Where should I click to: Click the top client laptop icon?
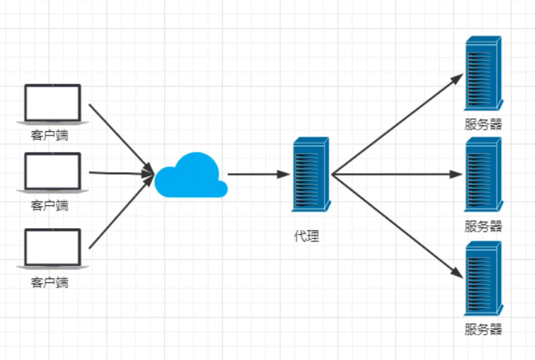point(52,104)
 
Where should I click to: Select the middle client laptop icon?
point(52,172)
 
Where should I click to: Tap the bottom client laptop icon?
point(52,248)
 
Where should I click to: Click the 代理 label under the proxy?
point(307,237)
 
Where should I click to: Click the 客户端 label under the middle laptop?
point(50,204)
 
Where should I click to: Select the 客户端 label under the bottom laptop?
point(50,282)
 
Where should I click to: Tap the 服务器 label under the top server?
point(483,124)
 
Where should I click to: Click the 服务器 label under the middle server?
point(483,226)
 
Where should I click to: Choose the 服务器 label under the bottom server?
point(483,329)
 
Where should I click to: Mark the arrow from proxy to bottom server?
point(396,226)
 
